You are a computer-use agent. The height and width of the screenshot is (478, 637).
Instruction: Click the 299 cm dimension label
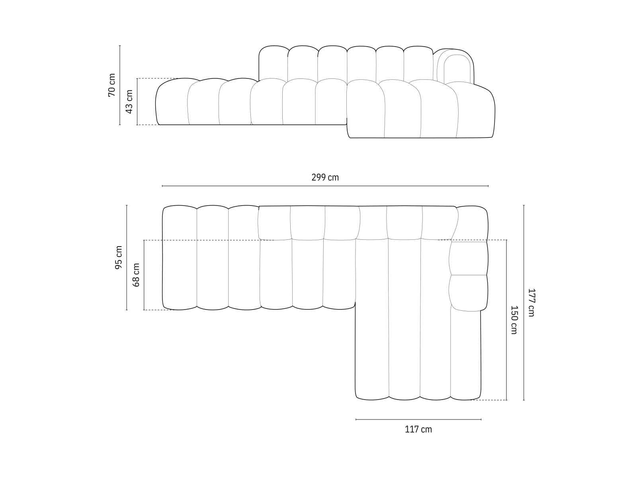[x=325, y=178]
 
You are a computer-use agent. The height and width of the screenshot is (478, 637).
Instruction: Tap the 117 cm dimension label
[x=418, y=429]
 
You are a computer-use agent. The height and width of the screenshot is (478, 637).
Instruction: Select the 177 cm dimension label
[x=531, y=302]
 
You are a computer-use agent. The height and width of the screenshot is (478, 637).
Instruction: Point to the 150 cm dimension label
[x=514, y=319]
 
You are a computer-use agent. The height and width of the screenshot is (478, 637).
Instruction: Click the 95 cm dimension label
[x=119, y=257]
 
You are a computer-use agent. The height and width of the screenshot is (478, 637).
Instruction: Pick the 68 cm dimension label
[x=136, y=275]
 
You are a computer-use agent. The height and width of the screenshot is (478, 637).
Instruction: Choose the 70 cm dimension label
[x=111, y=85]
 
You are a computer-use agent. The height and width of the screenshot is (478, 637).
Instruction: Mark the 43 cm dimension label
[x=129, y=102]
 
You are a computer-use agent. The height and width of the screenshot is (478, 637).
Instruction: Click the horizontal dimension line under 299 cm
[x=325, y=186]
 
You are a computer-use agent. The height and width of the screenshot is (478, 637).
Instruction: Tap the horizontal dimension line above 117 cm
[x=418, y=419]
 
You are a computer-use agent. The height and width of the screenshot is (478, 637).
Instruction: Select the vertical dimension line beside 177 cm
[x=524, y=302]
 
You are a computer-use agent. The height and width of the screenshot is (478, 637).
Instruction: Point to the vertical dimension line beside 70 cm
[x=120, y=85]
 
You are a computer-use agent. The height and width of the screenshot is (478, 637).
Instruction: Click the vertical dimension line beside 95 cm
[x=127, y=257]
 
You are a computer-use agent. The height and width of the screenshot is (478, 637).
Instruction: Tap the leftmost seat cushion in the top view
[x=180, y=257]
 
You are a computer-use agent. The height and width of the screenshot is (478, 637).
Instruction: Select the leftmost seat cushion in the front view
[x=172, y=103]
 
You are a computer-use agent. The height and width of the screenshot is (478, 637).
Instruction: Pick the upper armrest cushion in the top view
[x=469, y=258]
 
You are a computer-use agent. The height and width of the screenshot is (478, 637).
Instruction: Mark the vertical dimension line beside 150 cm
[x=506, y=319]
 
